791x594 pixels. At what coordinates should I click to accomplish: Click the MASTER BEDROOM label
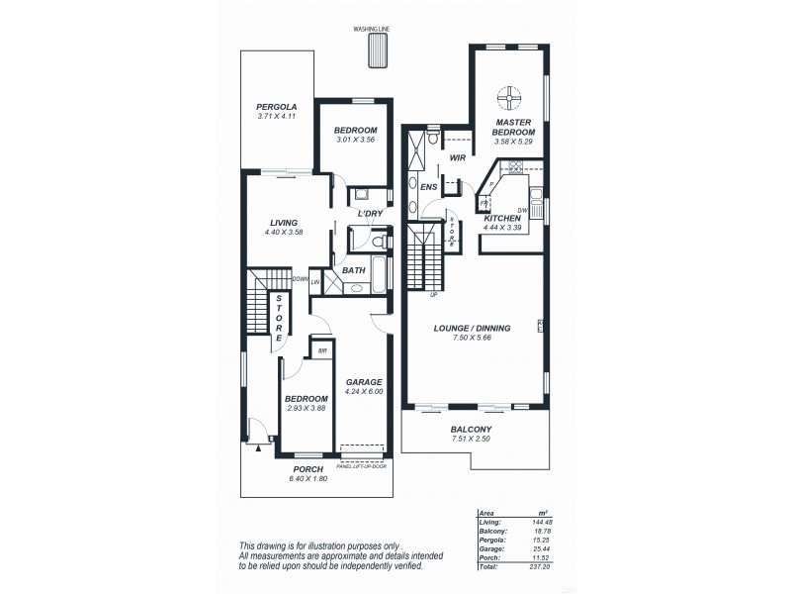(x=515, y=126)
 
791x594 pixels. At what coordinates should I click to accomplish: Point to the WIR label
(x=457, y=157)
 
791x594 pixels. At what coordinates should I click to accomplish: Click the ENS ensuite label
(x=428, y=185)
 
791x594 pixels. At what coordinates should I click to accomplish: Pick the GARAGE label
(x=364, y=381)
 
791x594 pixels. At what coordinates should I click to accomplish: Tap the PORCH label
(x=308, y=469)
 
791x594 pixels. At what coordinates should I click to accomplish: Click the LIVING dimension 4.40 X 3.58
(x=283, y=232)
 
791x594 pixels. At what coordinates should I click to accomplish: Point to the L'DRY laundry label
(x=370, y=214)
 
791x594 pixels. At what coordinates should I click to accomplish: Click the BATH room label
(x=354, y=269)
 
